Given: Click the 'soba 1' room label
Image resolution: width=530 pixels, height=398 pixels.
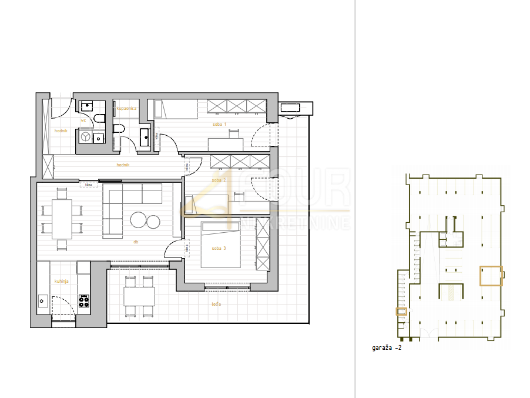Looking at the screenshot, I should (219, 125).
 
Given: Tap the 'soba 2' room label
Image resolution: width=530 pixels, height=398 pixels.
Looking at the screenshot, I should (219, 180).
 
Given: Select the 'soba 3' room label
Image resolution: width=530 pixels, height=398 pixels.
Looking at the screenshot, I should (219, 248).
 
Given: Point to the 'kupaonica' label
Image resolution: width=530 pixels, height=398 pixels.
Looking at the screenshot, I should (126, 109).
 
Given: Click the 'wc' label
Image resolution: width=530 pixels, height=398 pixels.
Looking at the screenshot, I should (83, 121).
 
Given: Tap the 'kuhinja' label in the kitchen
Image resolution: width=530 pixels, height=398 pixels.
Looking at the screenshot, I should (62, 281).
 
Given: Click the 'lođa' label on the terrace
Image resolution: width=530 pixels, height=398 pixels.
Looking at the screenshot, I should (217, 304).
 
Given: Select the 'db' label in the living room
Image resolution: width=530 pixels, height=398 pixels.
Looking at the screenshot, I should (136, 241).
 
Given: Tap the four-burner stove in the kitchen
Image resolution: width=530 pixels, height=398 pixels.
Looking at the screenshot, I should (84, 301).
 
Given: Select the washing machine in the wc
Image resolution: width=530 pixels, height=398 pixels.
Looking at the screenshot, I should (86, 137).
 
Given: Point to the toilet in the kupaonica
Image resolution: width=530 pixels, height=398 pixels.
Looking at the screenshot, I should (119, 129).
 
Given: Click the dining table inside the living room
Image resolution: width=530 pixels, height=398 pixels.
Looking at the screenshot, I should (62, 217).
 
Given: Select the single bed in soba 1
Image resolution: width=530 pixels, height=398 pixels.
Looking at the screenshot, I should (176, 109).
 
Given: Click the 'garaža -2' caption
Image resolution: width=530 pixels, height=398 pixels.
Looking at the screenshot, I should (387, 347).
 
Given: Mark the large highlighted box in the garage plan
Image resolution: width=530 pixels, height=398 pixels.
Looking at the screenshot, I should (491, 276).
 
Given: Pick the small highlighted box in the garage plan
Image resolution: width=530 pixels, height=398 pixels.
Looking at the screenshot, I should (401, 312).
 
